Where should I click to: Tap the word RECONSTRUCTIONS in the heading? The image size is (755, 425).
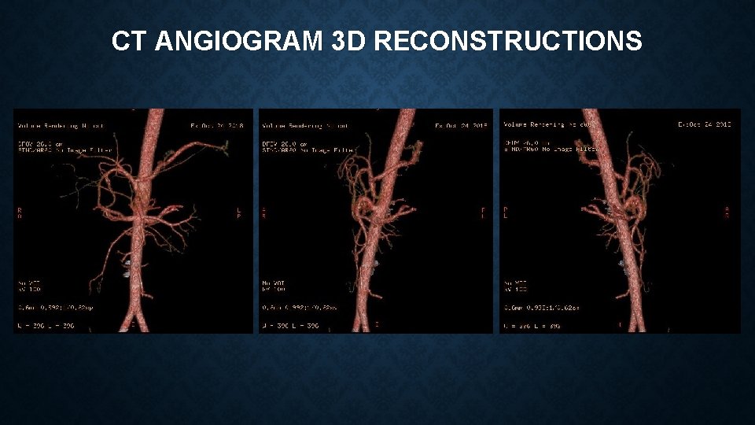508,41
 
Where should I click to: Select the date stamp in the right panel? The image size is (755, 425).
705,124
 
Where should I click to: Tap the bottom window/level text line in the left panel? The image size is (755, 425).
46,326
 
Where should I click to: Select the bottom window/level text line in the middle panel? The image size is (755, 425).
291,326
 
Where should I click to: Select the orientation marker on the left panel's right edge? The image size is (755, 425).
239,213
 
